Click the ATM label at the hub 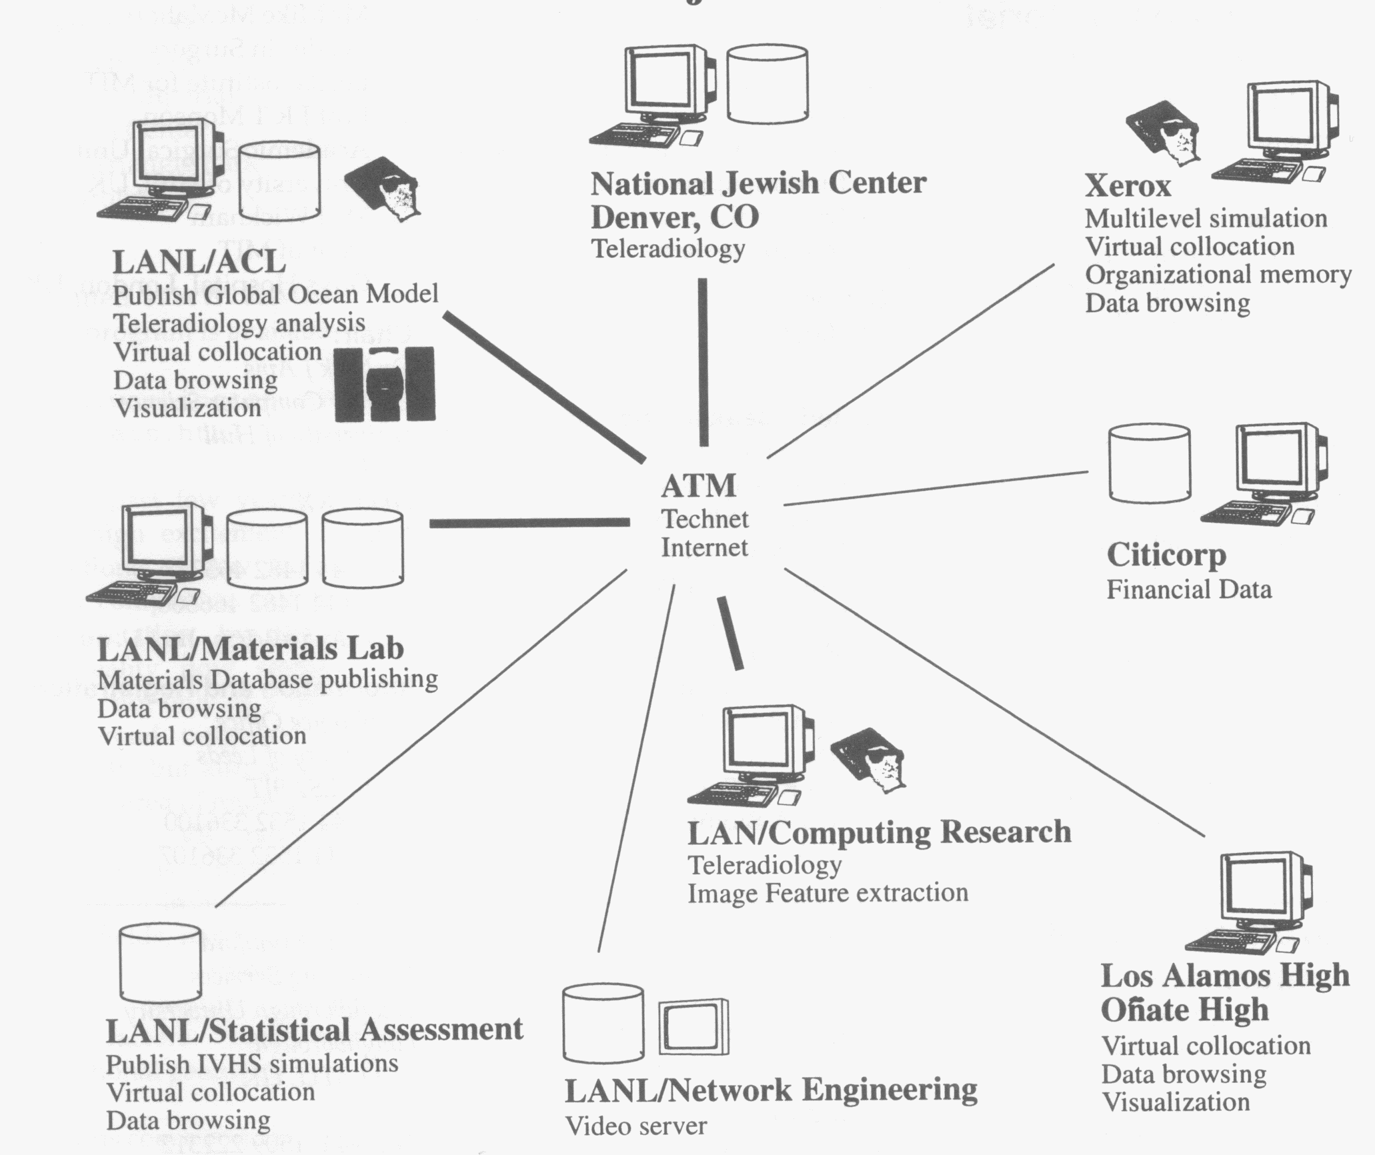coord(698,485)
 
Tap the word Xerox coord(1128,185)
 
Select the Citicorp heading coord(1166,554)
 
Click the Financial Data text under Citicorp coord(1189,590)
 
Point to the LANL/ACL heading coord(199,261)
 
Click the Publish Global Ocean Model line coord(275,294)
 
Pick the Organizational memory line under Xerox coord(1218,275)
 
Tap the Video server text coord(635,1126)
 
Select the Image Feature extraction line coord(828,893)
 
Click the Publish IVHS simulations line coord(251,1063)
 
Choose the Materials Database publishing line coord(267,680)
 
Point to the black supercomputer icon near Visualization coord(385,385)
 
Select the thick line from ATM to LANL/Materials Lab coord(529,523)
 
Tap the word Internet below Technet coord(704,547)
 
